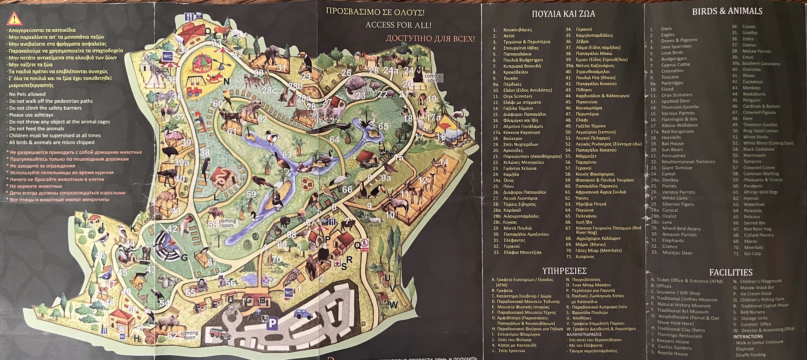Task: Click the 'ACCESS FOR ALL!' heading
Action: point(398,25)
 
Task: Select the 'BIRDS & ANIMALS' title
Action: point(727,11)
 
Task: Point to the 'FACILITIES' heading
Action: point(731,272)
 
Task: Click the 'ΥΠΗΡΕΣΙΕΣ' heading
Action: point(564,271)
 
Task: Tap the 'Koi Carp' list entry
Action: point(752,253)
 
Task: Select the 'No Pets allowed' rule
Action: point(27,94)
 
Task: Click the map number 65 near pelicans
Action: point(383,126)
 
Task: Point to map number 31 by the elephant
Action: point(281,67)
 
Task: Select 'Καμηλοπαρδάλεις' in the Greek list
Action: point(594,35)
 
